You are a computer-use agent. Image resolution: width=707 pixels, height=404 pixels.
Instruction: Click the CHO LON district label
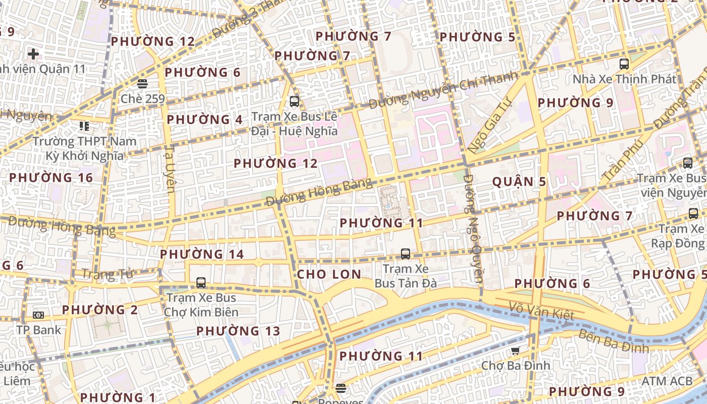click(329, 275)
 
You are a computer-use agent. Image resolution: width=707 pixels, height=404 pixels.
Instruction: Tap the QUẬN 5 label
click(519, 182)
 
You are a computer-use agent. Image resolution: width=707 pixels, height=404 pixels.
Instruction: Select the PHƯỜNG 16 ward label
click(51, 178)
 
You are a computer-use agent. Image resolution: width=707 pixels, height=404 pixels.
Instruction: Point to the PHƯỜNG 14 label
click(202, 254)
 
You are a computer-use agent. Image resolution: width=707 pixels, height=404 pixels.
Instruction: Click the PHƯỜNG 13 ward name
click(238, 331)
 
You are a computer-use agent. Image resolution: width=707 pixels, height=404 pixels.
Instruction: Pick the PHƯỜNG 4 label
click(205, 120)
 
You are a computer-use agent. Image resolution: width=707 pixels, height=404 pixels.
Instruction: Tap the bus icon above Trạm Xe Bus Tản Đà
click(405, 254)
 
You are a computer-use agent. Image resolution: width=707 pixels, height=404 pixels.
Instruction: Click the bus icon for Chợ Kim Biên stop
click(201, 283)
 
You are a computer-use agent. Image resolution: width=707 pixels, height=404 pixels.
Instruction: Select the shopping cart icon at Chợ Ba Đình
click(515, 351)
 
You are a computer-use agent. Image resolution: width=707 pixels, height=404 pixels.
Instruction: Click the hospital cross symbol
click(33, 54)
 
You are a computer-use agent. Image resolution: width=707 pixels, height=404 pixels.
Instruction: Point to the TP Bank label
click(38, 330)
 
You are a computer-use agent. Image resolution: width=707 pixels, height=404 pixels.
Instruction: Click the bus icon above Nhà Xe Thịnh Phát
click(624, 64)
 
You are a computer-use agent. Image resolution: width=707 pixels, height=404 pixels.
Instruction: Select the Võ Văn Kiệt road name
click(541, 311)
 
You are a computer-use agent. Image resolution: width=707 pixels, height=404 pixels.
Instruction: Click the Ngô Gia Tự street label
click(489, 125)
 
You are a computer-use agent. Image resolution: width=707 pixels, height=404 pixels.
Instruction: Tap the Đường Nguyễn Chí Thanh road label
click(443, 90)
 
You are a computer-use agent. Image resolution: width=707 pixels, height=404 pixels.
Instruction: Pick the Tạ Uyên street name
click(170, 170)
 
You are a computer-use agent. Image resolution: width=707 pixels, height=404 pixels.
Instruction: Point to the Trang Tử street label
click(107, 274)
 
